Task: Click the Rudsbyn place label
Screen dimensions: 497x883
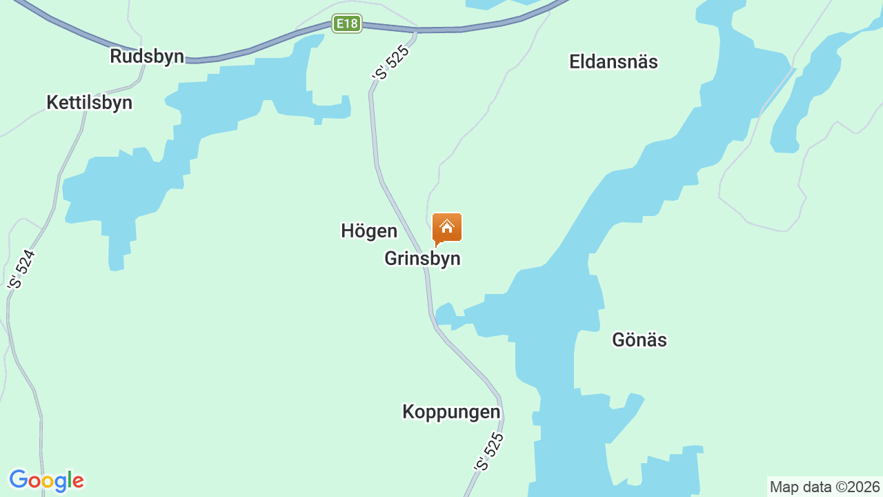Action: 147,57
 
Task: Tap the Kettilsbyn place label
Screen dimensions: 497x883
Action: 89,103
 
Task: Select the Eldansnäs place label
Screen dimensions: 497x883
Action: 613,61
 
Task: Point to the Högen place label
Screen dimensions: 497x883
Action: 369,231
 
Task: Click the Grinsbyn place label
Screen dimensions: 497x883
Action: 422,259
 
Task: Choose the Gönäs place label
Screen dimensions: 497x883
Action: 639,340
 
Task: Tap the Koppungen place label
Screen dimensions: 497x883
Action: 451,412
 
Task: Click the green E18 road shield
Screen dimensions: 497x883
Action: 346,24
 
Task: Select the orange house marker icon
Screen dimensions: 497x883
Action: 447,228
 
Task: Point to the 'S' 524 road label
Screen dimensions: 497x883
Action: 21,269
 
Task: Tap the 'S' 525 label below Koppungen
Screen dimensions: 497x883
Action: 489,452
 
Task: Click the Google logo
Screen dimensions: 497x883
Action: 46,480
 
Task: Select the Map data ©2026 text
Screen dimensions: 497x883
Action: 825,487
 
